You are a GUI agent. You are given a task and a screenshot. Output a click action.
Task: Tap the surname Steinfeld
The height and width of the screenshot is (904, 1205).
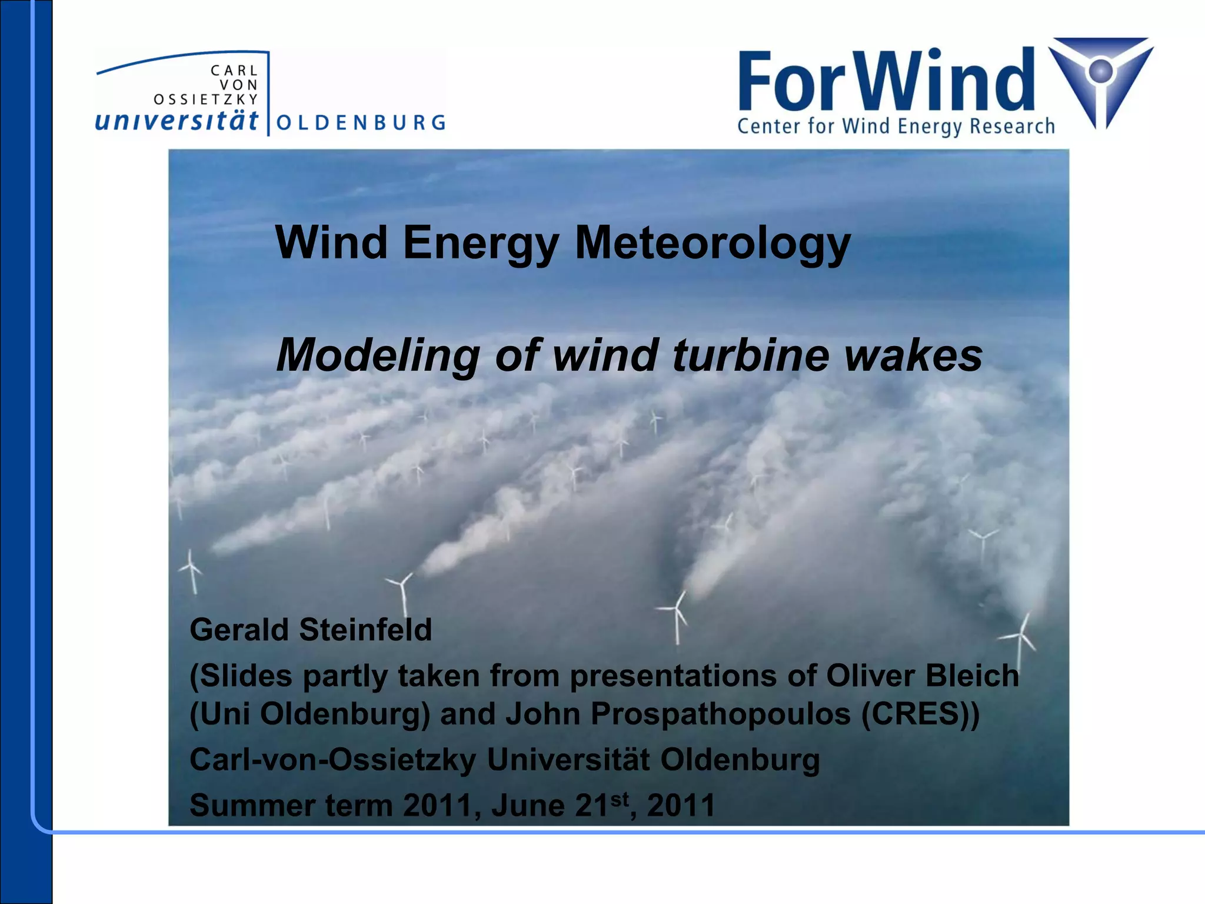tap(365, 630)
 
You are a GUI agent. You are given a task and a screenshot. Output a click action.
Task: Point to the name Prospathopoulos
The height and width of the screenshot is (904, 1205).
tap(721, 714)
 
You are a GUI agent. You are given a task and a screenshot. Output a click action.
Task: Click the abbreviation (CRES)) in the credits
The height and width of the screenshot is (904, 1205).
tap(921, 714)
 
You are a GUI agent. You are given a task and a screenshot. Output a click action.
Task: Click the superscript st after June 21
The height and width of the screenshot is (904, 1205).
tap(620, 799)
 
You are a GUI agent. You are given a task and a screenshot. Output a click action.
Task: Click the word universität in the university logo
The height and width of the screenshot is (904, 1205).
tap(177, 121)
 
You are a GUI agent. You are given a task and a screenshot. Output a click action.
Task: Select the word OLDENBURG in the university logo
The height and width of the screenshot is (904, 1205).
tap(361, 123)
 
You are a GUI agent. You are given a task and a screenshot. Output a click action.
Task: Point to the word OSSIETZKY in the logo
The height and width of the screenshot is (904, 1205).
tap(205, 99)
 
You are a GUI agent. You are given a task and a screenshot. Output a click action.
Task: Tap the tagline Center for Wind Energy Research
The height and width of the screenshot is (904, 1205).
tap(896, 127)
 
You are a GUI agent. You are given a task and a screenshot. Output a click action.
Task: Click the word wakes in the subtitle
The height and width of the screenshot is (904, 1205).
tap(913, 355)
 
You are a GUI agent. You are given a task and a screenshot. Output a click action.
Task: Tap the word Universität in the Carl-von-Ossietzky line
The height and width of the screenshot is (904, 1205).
tap(568, 760)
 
